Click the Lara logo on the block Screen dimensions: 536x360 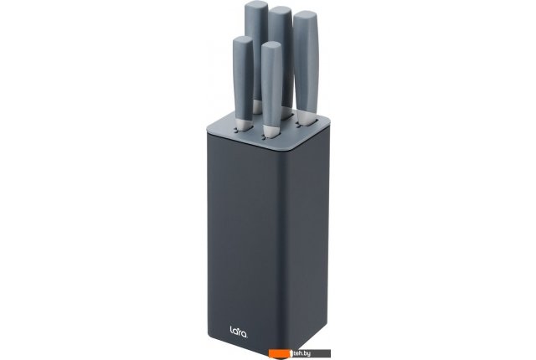tap(239, 331)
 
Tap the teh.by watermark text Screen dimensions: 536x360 tap(301, 353)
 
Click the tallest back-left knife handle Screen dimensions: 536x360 tap(255, 51)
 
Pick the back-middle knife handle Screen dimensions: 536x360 tap(281, 58)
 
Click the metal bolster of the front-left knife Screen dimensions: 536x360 tap(244, 126)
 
